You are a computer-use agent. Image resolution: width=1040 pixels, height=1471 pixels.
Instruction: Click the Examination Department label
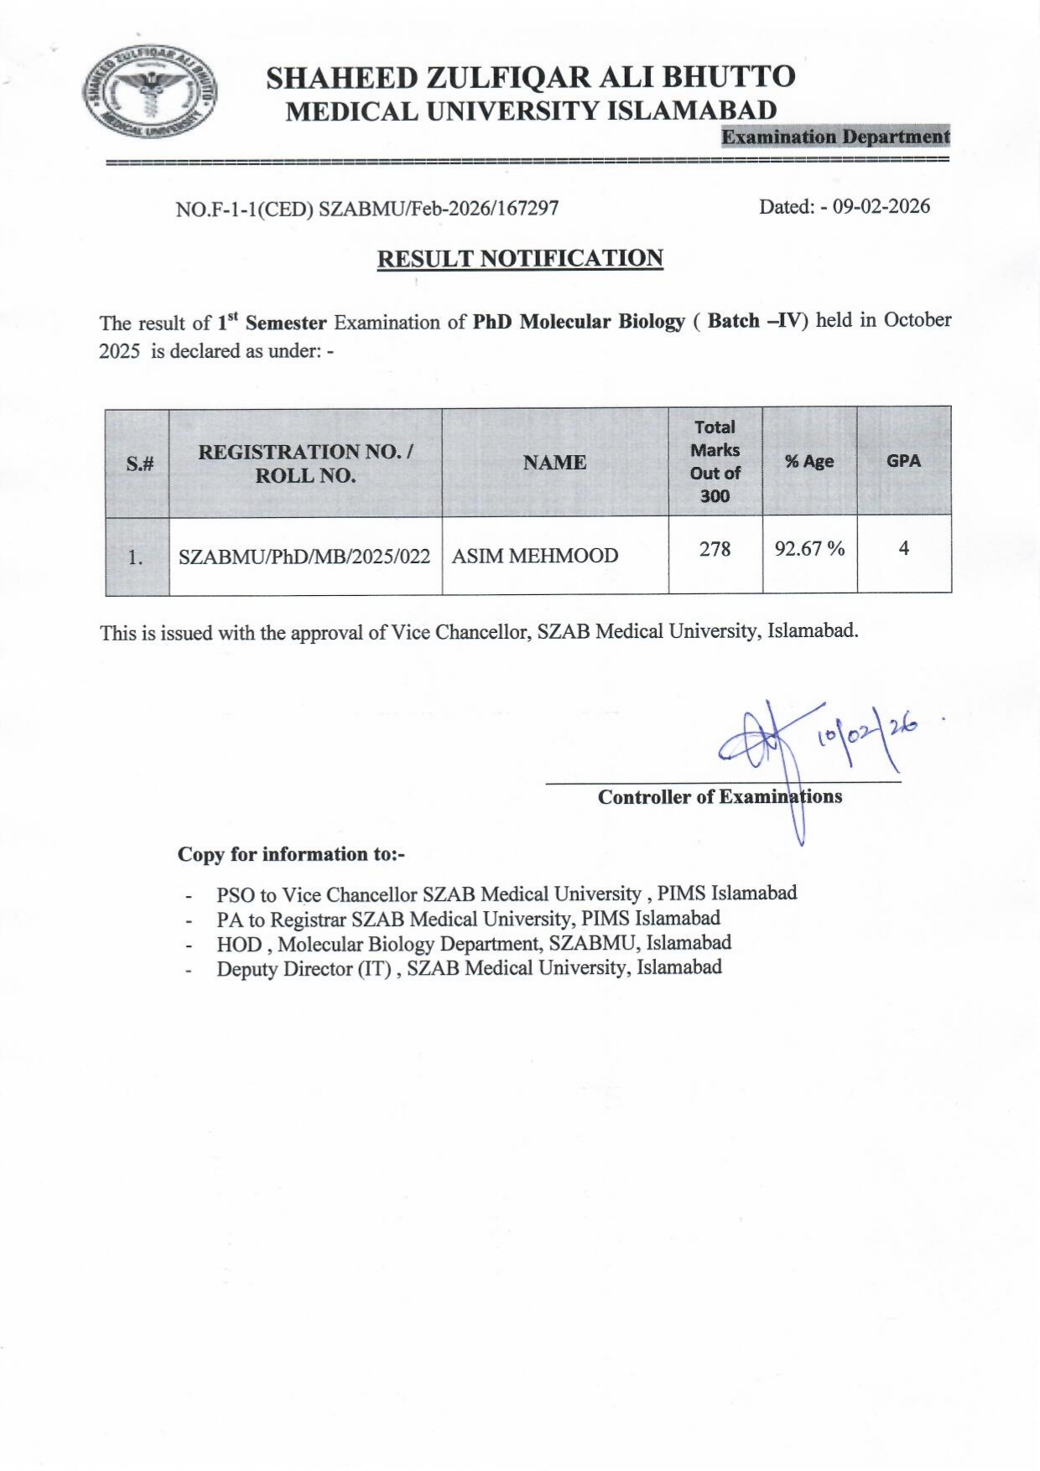(835, 137)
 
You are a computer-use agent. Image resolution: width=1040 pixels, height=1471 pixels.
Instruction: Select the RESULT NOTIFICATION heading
(520, 258)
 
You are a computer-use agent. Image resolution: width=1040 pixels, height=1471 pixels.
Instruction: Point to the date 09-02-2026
(881, 206)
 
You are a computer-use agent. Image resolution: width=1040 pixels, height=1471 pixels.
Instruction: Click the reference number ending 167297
(367, 209)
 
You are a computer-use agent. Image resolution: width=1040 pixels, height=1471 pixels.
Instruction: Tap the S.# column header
(139, 463)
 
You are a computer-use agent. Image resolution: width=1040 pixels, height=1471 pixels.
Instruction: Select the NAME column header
(554, 462)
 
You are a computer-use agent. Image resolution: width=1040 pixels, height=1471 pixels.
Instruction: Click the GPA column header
(903, 460)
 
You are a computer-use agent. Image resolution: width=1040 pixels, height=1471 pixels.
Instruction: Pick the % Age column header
(809, 461)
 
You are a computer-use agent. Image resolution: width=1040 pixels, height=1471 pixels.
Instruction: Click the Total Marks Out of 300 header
(715, 461)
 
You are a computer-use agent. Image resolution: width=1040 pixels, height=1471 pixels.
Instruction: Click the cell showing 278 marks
(715, 549)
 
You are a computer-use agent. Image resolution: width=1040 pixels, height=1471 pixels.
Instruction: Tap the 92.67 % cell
(809, 549)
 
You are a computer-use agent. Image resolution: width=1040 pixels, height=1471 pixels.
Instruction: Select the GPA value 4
(903, 548)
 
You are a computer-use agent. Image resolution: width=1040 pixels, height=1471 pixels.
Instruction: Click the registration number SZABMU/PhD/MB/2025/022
(304, 556)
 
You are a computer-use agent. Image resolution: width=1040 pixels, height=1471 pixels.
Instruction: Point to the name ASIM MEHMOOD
(535, 556)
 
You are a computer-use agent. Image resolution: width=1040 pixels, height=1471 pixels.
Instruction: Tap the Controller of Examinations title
(720, 796)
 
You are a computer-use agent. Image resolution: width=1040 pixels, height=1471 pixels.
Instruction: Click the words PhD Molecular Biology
(579, 322)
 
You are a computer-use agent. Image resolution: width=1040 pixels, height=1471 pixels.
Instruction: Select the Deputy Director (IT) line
(469, 968)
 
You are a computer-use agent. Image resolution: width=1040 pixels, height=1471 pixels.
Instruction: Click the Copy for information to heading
(291, 854)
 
